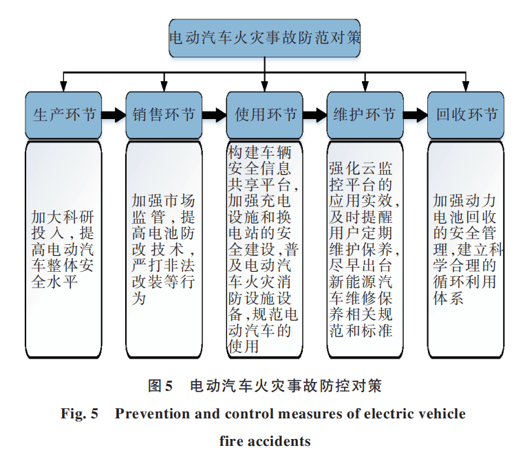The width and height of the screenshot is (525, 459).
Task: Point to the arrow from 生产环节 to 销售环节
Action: tap(114, 116)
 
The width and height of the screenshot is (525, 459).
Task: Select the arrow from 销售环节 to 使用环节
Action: tap(214, 116)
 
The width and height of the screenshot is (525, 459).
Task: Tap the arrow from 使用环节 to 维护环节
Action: tap(314, 116)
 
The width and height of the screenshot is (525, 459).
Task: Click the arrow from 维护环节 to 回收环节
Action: tap(414, 116)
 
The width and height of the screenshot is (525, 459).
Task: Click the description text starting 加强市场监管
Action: tap(164, 248)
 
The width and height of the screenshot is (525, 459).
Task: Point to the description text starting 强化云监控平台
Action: tap(363, 248)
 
